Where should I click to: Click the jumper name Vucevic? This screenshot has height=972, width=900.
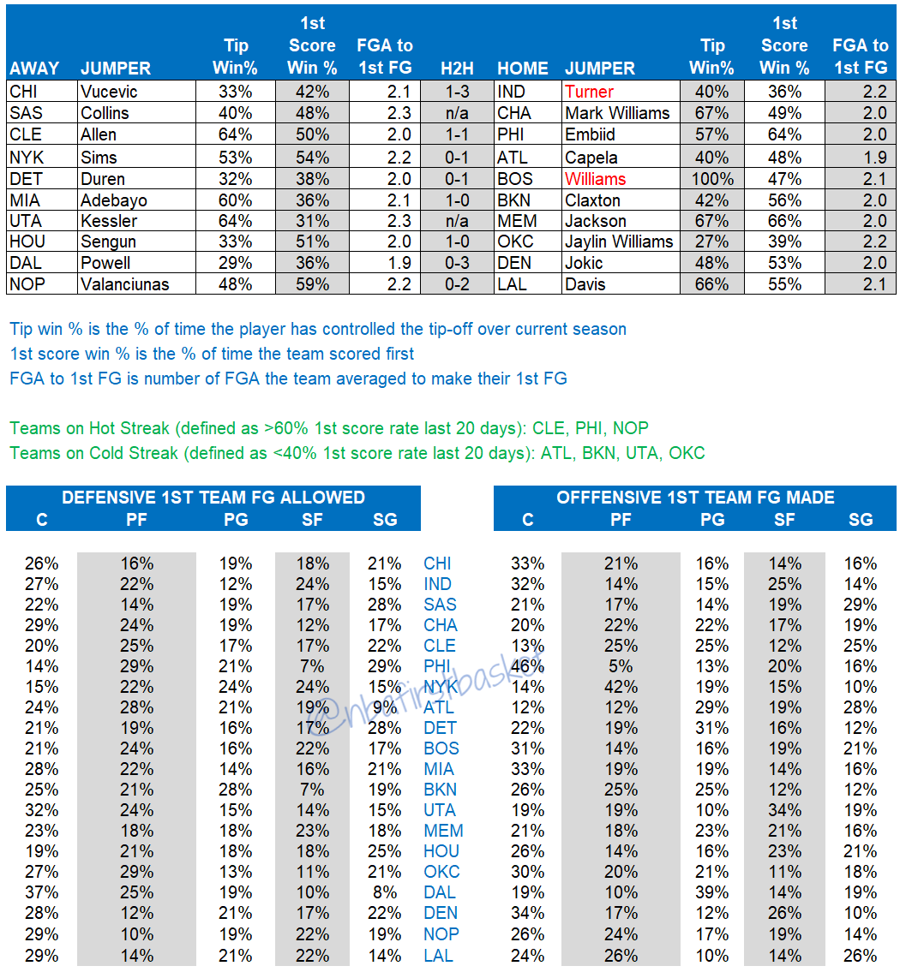(109, 92)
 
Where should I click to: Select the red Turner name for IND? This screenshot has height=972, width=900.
(589, 92)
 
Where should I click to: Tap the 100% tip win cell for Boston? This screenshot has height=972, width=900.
(712, 179)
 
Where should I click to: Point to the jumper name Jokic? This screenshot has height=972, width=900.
(584, 263)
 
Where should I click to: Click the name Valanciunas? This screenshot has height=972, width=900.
(125, 284)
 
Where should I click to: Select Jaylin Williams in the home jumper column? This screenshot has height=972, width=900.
(619, 242)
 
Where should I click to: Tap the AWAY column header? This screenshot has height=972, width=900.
(34, 69)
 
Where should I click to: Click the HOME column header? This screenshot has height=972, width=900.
(523, 69)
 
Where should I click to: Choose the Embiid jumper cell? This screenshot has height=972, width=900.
(591, 134)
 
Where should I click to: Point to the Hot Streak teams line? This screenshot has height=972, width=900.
(335, 427)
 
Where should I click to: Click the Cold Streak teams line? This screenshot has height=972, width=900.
(357, 453)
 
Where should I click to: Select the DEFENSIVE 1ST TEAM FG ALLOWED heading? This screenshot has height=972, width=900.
(213, 498)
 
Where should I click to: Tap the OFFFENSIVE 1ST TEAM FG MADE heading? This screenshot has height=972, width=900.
(695, 498)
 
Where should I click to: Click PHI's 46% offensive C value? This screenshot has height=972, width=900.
(527, 666)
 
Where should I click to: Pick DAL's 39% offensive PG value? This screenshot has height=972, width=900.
(712, 892)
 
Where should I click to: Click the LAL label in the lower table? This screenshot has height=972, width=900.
(439, 956)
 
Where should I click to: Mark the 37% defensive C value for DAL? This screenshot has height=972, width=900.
(41, 892)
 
